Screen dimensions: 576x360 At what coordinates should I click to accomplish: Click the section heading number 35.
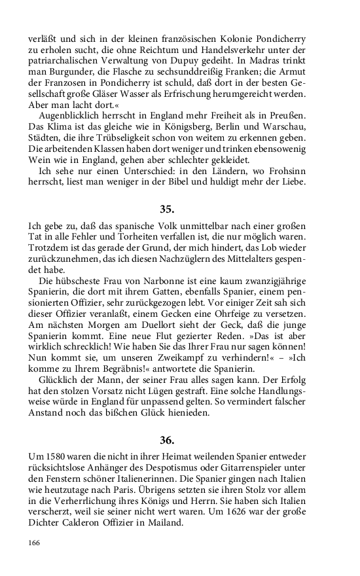[166, 209]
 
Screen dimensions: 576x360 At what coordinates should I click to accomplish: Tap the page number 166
[35, 543]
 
